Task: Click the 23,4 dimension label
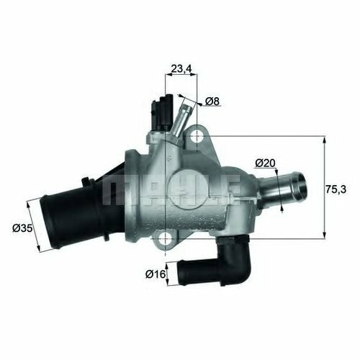(181, 69)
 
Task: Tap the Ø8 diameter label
(212, 102)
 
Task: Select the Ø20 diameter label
(265, 163)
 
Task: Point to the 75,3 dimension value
(336, 189)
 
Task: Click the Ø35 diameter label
(22, 228)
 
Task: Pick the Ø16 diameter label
(156, 274)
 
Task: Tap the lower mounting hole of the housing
(166, 238)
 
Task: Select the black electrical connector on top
(162, 112)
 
